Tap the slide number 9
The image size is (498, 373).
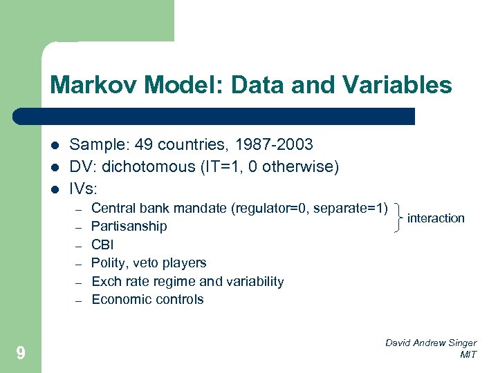tap(21, 354)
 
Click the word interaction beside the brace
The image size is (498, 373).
tap(436, 218)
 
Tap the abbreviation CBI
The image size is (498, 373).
tap(102, 245)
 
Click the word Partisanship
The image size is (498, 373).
tap(129, 226)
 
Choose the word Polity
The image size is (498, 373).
tap(108, 262)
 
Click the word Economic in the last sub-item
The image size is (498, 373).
tap(120, 299)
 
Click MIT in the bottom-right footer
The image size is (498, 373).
tap(468, 354)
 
